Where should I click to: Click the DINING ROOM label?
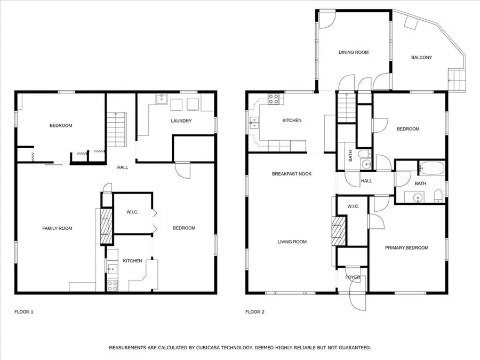(354, 52)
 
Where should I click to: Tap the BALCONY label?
(421, 58)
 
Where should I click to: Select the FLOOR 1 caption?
(24, 311)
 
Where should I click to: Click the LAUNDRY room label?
(181, 121)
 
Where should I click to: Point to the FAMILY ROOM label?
(57, 228)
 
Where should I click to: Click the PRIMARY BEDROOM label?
(407, 247)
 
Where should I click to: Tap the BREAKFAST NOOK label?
(291, 174)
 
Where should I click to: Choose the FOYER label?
(353, 277)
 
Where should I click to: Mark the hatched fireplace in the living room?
(339, 231)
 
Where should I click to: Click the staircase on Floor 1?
(116, 131)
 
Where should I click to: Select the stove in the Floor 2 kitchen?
(274, 99)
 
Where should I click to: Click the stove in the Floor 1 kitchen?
(113, 285)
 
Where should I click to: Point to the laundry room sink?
(162, 99)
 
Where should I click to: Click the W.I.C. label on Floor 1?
(132, 212)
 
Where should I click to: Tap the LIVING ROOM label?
(292, 242)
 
